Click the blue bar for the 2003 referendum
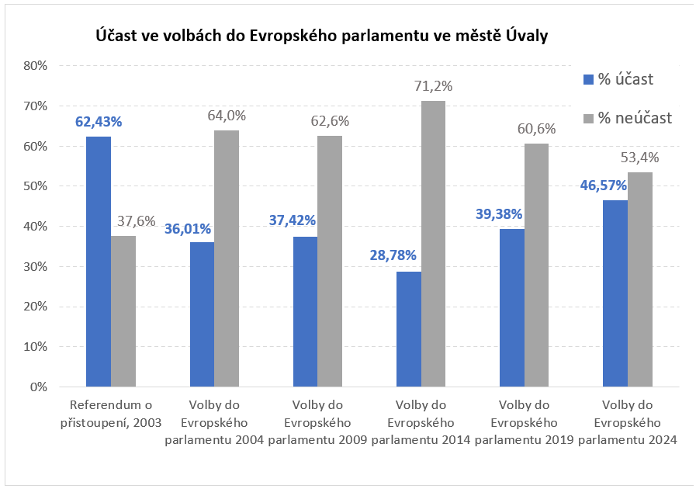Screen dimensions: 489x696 [99, 262]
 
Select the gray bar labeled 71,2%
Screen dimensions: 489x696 [434, 244]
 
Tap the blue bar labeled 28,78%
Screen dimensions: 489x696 [409, 329]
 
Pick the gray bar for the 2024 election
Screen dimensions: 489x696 [640, 279]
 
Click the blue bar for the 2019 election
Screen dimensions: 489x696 [512, 307]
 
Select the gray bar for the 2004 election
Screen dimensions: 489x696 [227, 258]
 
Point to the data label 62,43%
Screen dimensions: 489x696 [99, 122]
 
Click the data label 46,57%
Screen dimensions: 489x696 [603, 186]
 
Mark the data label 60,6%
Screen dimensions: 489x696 [537, 129]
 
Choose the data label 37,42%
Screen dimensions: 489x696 [292, 221]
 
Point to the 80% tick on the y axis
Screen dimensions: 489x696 [36, 66]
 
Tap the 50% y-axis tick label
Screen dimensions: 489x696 [36, 186]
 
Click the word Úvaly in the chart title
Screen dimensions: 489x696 [526, 36]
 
